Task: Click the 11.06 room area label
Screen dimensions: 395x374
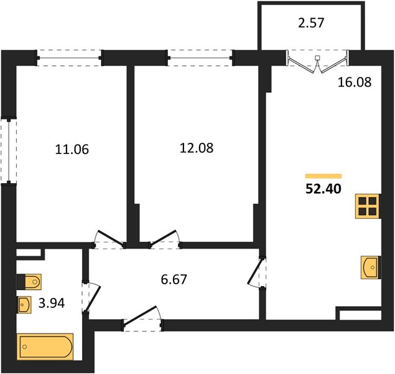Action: [x=72, y=150]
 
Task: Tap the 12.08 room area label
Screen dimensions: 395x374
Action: [x=197, y=148]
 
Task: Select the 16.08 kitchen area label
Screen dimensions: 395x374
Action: [x=355, y=82]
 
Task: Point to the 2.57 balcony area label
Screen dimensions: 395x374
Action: [x=311, y=23]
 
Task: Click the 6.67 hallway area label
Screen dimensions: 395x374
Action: [x=174, y=280]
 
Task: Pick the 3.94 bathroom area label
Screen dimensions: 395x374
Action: [x=52, y=303]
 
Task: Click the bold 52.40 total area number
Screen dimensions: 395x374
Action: [x=323, y=189]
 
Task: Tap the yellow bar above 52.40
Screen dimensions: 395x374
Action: [x=323, y=176]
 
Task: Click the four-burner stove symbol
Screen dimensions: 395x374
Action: [x=368, y=206]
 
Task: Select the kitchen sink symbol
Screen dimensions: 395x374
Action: [x=371, y=267]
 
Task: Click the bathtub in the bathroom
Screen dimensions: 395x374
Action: [x=45, y=347]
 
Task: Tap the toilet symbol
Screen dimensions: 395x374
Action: [x=29, y=282]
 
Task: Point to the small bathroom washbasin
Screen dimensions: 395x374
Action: [x=24, y=305]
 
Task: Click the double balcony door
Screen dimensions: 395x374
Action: [x=318, y=62]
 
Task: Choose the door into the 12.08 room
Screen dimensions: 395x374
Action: [x=164, y=239]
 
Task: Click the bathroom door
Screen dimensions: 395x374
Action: [x=91, y=297]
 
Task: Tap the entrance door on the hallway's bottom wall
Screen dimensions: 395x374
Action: [x=143, y=319]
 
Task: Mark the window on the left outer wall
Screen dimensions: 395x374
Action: [x=9, y=151]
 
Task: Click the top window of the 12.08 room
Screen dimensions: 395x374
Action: [x=200, y=58]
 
